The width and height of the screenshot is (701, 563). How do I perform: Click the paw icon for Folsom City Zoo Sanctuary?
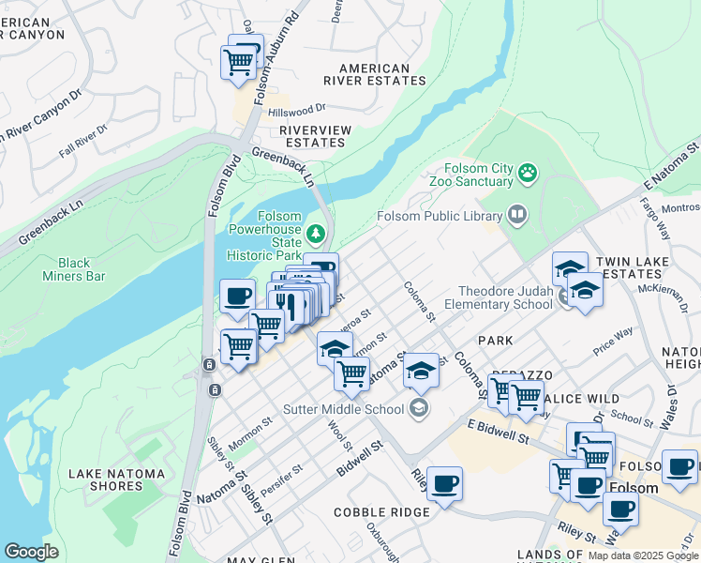pos(529,173)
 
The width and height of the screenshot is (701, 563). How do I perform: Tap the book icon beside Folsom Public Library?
pos(516,216)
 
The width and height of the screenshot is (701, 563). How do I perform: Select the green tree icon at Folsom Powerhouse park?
pos(317,232)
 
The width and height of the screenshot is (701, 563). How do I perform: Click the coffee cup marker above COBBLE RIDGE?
pos(444,484)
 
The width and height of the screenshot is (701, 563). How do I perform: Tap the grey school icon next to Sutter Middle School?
pos(419,407)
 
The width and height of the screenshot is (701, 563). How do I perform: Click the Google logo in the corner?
pos(31,552)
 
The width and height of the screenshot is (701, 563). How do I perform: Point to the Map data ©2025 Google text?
pos(642,555)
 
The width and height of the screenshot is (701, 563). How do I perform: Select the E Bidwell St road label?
pos(499,432)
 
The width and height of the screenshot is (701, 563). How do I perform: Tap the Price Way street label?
pos(613,342)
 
